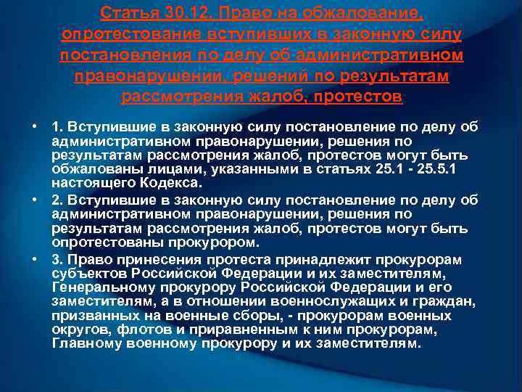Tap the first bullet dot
[34, 127]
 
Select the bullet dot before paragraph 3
[34, 258]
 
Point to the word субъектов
[88, 274]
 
